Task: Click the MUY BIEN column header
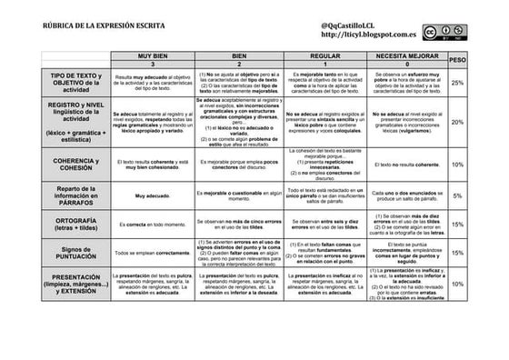[153, 56]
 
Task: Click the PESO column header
[457, 60]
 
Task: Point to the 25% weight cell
[457, 83]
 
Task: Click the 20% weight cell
[457, 122]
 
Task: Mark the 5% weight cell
[457, 195]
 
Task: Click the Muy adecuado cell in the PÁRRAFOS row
[153, 195]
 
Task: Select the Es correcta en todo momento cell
[153, 224]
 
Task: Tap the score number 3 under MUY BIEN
[153, 65]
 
